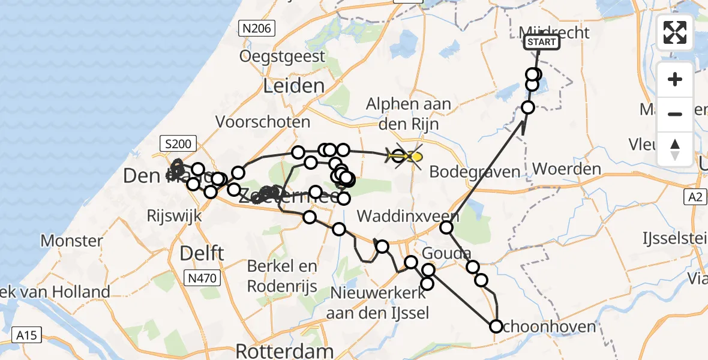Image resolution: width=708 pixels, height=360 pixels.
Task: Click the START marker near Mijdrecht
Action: (542, 42)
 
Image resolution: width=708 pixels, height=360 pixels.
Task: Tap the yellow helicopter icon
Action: (407, 157)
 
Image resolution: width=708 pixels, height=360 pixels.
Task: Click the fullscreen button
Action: (676, 32)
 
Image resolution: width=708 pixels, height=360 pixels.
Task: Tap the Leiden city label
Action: (294, 86)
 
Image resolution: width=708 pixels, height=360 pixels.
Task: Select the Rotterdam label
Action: (284, 350)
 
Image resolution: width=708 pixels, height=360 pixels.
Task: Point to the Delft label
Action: (202, 253)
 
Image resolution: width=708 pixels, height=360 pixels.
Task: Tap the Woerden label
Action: (566, 169)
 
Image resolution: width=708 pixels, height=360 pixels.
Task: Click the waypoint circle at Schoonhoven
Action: (496, 326)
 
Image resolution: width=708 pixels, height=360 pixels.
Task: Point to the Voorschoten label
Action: (263, 122)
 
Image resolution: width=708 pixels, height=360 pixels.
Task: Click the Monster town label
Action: (71, 241)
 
